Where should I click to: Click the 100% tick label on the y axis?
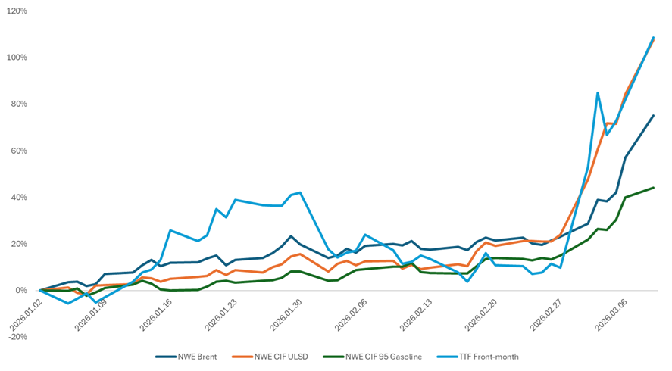(x=17, y=58)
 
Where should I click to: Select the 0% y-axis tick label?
(x=21, y=290)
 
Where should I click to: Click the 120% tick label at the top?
(x=17, y=11)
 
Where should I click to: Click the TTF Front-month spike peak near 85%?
(x=598, y=93)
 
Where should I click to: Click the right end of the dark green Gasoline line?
(x=654, y=188)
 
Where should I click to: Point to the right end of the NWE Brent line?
(x=654, y=116)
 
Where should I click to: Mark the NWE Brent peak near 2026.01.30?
(x=291, y=236)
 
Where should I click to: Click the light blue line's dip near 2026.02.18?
(x=467, y=282)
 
